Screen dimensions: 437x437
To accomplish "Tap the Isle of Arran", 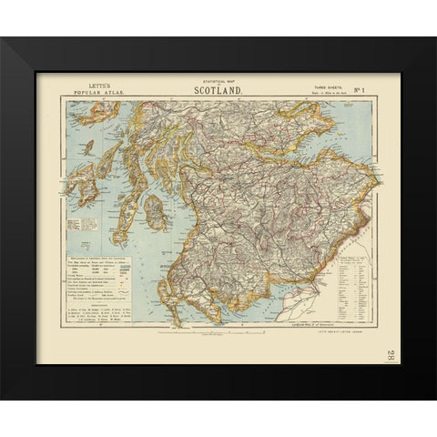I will tap(156, 213).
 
